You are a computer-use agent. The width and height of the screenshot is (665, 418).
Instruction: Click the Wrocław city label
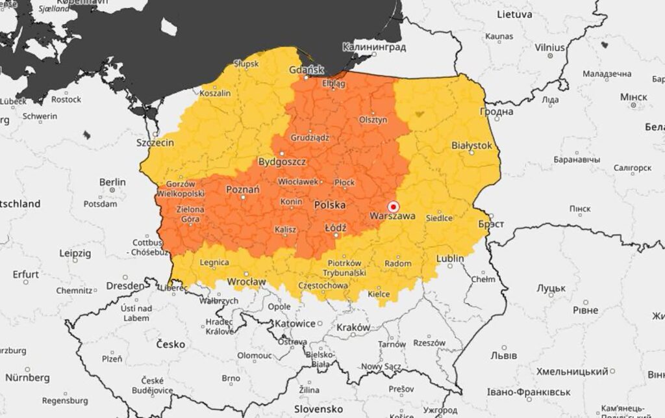[x=247, y=281]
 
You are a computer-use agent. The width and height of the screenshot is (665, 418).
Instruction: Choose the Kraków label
[x=353, y=328]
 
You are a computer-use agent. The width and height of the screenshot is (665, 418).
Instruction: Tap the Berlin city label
[x=112, y=182]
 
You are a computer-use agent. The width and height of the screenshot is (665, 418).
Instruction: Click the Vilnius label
[x=549, y=47]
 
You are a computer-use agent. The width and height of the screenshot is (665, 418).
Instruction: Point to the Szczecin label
[x=155, y=142]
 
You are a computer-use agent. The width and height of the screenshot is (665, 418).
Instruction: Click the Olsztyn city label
[x=373, y=120]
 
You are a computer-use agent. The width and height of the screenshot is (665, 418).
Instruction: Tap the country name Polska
[x=330, y=205]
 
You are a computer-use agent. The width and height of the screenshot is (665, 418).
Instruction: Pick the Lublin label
[x=450, y=258]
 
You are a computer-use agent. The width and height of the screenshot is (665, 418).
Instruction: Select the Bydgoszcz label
[x=282, y=161]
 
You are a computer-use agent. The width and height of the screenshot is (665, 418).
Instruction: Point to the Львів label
[x=503, y=356]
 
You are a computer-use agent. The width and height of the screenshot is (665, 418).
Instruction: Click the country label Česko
[x=169, y=344]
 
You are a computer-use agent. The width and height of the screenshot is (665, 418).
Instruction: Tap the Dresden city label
[x=125, y=285]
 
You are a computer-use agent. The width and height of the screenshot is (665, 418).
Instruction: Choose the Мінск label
[x=633, y=97]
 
